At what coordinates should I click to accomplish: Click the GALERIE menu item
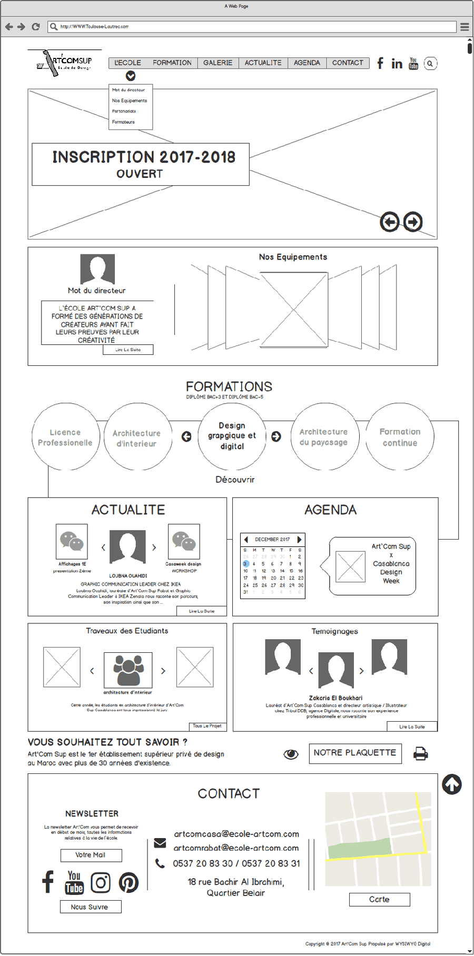coord(218,63)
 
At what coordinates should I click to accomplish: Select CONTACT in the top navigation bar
coord(348,63)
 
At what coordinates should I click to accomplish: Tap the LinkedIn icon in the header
coord(397,64)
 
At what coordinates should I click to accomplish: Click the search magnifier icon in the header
coord(430,64)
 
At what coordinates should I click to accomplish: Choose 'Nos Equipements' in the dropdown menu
coord(130,101)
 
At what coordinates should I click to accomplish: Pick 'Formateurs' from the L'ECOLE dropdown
coord(123,122)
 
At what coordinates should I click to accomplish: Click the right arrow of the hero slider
coord(413,222)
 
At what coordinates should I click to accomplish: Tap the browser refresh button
coord(36,26)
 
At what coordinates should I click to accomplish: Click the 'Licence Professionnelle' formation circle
coord(65,437)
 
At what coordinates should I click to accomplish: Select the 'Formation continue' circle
coord(400,437)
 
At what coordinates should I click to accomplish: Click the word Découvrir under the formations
coord(235,480)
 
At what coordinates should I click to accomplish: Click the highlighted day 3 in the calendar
coord(245,564)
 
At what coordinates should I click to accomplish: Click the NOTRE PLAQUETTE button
coord(355,753)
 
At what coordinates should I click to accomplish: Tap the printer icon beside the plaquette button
coord(421,754)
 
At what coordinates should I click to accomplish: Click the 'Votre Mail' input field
coord(91,855)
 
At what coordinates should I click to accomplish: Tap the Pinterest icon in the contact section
coord(129,883)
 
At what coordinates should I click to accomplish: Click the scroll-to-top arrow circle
coord(452,784)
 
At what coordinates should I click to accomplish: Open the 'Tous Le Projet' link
coord(207,726)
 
